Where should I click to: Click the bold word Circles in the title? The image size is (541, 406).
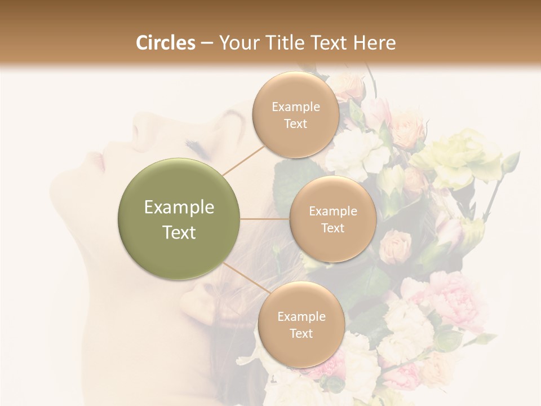pyautogui.click(x=165, y=43)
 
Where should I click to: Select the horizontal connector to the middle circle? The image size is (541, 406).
pyautogui.click(x=265, y=219)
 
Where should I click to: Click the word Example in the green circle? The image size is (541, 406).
pyautogui.click(x=179, y=208)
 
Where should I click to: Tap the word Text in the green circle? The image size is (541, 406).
pyautogui.click(x=179, y=232)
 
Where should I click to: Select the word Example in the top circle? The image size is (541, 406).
pyautogui.click(x=295, y=107)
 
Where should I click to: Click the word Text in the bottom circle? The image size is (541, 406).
pyautogui.click(x=301, y=333)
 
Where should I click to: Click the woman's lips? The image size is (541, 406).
pyautogui.click(x=99, y=162)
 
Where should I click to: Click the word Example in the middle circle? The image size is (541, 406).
pyautogui.click(x=333, y=211)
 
